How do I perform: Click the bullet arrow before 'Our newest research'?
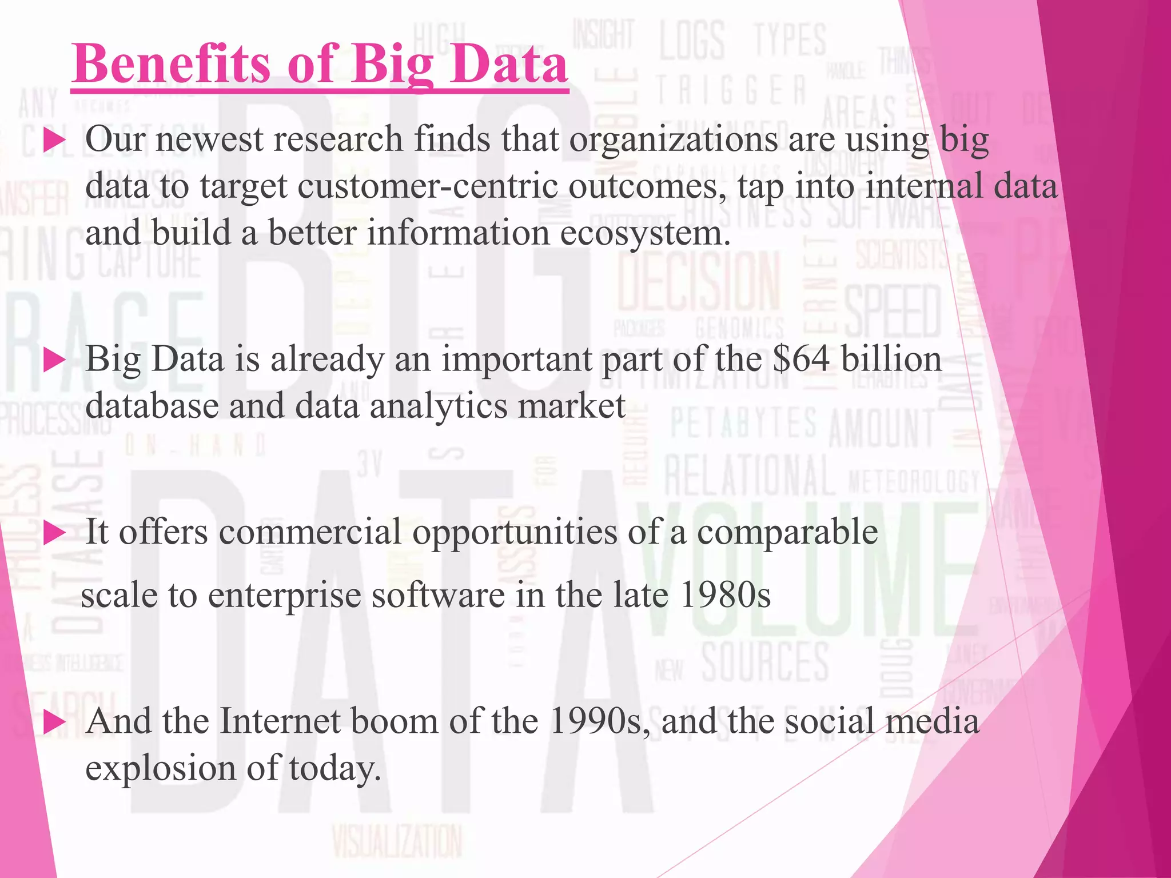54,140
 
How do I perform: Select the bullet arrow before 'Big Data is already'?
54,360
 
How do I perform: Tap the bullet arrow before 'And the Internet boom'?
54,722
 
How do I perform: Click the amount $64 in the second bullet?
800,359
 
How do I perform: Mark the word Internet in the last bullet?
280,721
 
